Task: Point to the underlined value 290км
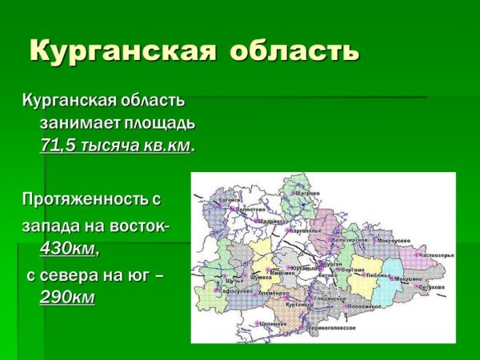click(x=66, y=298)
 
